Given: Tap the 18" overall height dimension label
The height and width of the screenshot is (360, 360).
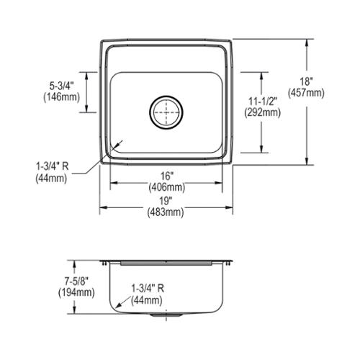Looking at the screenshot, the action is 306,81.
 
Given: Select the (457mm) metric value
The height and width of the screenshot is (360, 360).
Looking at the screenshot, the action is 306,93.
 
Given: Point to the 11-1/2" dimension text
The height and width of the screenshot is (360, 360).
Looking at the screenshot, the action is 263,101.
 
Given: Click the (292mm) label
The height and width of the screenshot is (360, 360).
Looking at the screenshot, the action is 263,112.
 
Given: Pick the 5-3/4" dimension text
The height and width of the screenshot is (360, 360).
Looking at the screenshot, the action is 61,86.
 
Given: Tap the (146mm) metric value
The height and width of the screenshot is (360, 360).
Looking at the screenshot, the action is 61,97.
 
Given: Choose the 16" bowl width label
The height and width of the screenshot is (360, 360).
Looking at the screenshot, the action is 167,176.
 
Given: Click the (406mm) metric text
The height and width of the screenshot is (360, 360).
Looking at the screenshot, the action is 167,187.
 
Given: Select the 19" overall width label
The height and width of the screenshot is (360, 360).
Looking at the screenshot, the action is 166,201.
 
